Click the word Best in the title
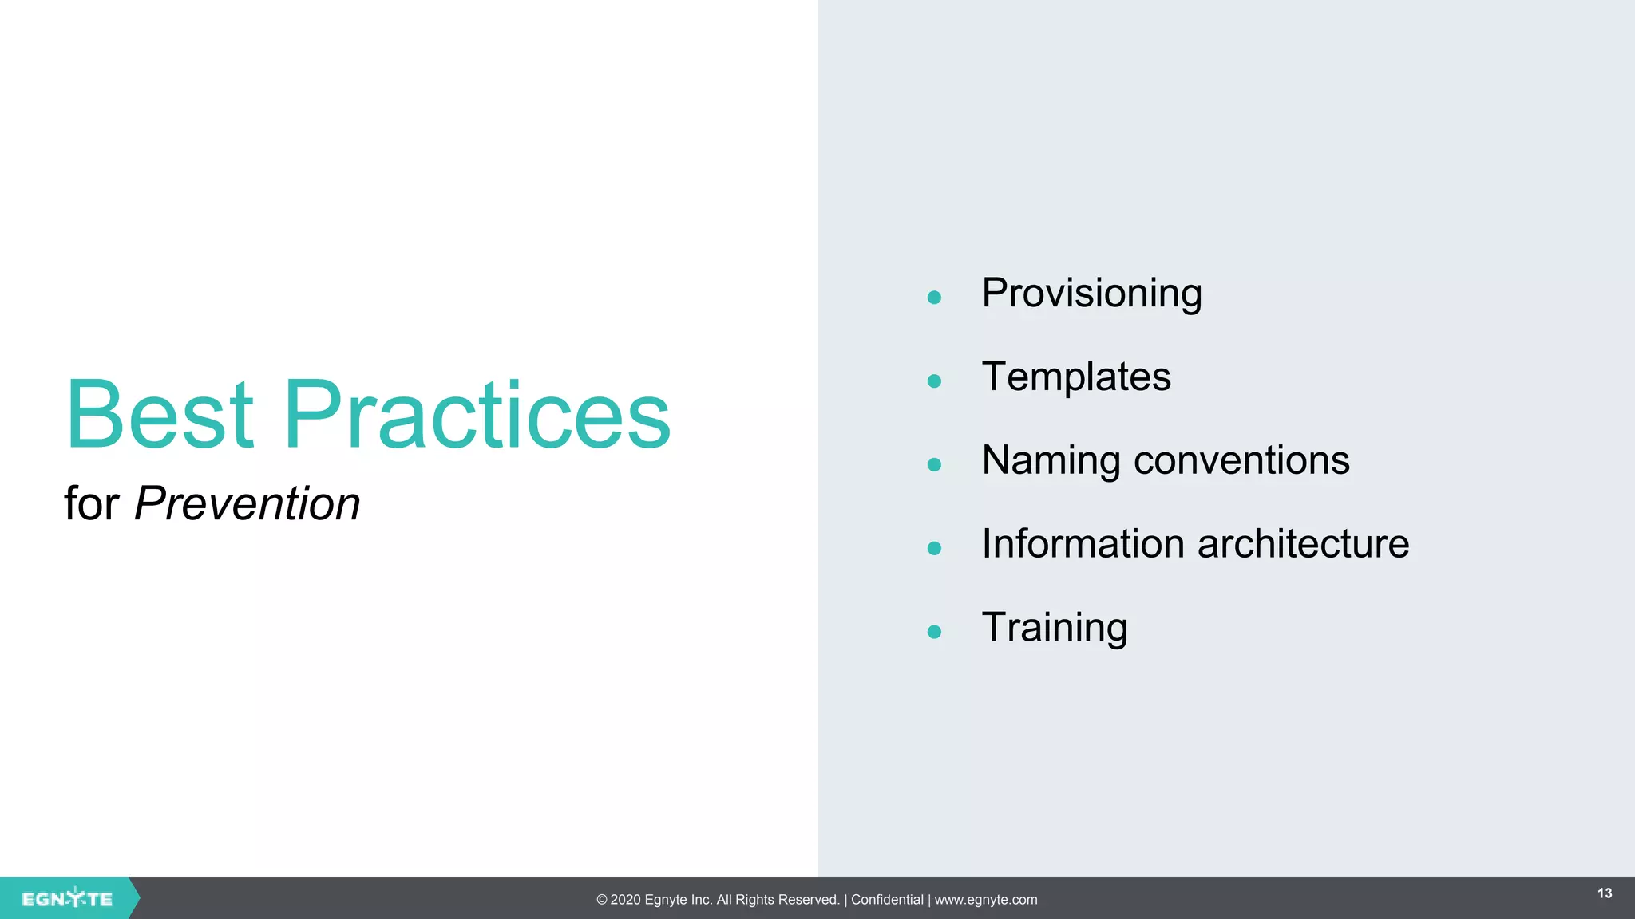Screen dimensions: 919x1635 160,415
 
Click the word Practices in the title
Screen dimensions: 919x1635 477,415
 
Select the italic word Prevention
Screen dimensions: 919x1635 247,504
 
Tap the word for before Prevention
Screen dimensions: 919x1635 91,504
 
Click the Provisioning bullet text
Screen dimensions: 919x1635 1091,294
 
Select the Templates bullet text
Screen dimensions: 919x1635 1075,377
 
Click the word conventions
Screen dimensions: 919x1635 1241,461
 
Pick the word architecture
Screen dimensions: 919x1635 1303,544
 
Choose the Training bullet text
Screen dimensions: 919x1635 1054,628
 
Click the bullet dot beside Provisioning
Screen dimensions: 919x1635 934,298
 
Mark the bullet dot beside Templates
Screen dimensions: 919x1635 934,381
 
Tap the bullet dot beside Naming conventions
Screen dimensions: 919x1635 934,465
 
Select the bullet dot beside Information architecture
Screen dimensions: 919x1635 934,548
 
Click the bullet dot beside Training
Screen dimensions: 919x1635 934,632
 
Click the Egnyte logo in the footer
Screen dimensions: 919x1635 67,899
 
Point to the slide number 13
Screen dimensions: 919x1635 1605,893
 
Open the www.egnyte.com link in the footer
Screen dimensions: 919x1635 986,900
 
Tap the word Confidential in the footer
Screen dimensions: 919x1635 887,900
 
